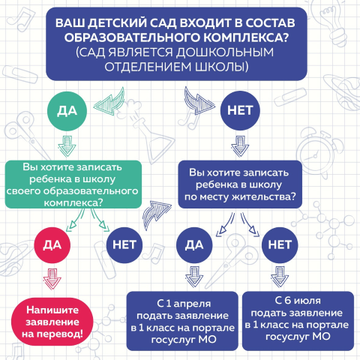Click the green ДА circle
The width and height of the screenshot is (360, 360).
click(67, 111)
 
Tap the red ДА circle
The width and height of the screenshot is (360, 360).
click(52, 245)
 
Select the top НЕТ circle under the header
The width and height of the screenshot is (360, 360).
click(240, 110)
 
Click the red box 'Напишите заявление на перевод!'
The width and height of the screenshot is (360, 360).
click(52, 322)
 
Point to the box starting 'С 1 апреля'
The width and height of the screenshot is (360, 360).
click(182, 321)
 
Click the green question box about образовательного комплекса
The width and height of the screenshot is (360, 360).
click(73, 184)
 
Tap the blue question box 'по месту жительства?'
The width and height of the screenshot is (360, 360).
click(240, 184)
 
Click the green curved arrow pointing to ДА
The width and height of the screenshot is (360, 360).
click(110, 102)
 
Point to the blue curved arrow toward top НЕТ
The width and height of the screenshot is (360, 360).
click(199, 101)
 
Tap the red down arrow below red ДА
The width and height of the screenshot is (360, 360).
click(52, 279)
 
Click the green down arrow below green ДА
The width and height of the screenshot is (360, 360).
click(67, 146)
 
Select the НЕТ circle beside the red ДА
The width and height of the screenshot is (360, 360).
click(124, 245)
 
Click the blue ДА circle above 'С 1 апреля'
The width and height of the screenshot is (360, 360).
click(194, 245)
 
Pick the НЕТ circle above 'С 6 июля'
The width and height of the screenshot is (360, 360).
click(280, 245)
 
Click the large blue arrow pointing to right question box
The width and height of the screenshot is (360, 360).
click(155, 214)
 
